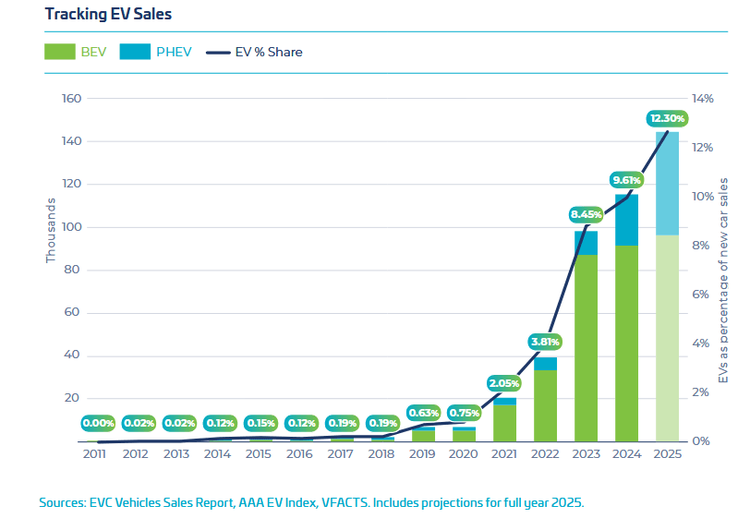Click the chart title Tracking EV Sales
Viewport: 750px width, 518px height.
point(95,15)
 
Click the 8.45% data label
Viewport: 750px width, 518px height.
point(587,214)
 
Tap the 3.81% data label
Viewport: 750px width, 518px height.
point(546,341)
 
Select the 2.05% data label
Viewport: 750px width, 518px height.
point(505,382)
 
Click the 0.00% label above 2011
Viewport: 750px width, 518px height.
point(98,424)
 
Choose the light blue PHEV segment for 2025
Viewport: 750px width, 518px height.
point(667,183)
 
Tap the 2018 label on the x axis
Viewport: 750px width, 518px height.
point(382,454)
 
